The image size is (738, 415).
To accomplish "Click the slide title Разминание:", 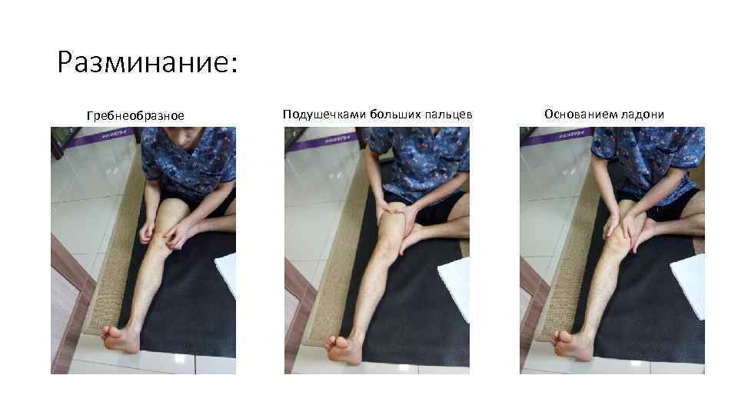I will pos(148,62).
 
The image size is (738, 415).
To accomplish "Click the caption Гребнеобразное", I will pos(135,115).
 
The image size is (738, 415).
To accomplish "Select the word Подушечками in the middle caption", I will pos(324,115).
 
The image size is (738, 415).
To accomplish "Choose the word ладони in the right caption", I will pos(644,115).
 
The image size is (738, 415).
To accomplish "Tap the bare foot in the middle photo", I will pos(344,348).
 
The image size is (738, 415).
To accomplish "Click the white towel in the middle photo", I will pos(455,287).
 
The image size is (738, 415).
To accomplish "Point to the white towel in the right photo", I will pos(689,284).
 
